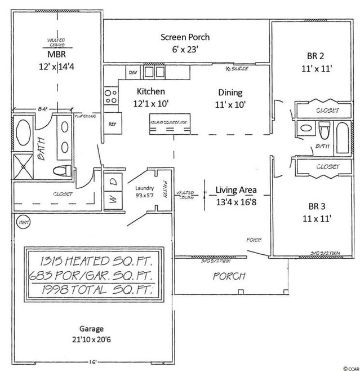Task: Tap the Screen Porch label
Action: click(185, 37)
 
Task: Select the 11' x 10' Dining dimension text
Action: click(230, 104)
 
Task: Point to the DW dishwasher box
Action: click(133, 72)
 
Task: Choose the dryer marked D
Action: click(112, 182)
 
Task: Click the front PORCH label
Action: click(229, 276)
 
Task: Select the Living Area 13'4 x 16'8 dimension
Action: click(237, 201)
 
